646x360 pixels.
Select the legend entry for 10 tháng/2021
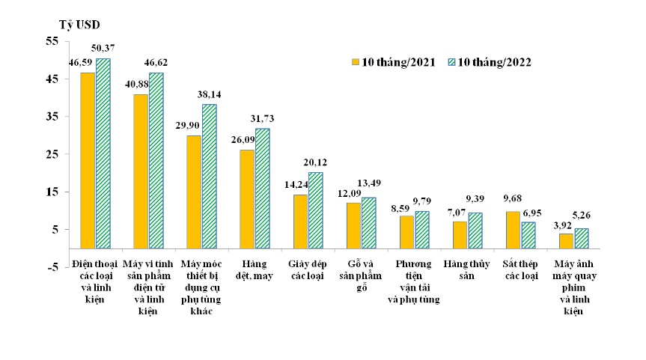pos(393,62)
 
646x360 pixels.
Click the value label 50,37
pos(103,49)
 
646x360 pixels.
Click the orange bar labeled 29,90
pos(194,192)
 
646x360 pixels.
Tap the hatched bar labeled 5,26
pos(581,238)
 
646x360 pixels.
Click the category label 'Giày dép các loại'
pos(307,269)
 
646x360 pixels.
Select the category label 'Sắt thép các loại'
pos(521,269)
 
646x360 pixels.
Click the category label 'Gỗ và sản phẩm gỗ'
pos(360,274)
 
